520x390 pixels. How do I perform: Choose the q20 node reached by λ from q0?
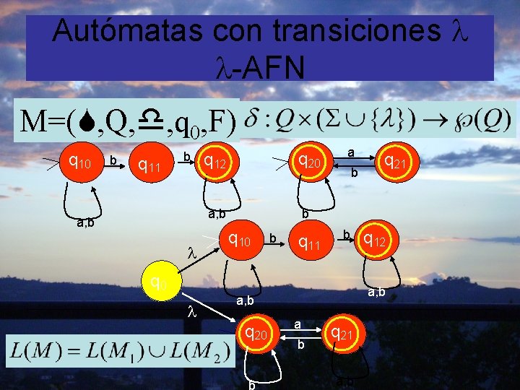tap(259, 334)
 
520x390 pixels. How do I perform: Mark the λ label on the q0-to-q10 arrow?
tap(191, 255)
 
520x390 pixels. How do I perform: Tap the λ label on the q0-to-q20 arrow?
tap(191, 313)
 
